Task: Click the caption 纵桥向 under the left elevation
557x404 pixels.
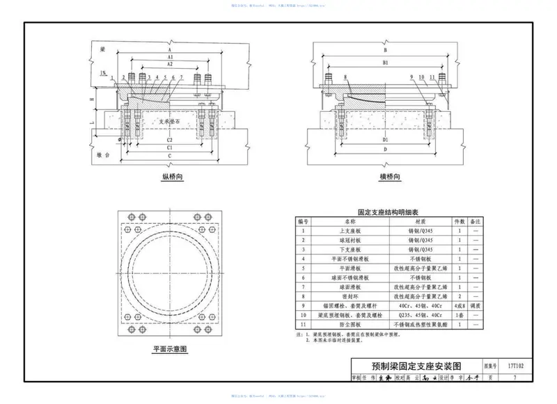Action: tap(172, 177)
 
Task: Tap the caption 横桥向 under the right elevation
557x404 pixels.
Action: tap(389, 177)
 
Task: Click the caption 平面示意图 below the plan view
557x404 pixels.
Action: tap(171, 349)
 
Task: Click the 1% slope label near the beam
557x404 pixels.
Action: tap(103, 72)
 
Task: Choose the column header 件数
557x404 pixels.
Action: tap(460, 220)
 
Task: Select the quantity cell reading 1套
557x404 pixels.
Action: tap(460, 314)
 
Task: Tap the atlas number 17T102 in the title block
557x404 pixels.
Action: tap(514, 364)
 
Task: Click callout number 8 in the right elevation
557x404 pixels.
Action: tap(345, 76)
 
